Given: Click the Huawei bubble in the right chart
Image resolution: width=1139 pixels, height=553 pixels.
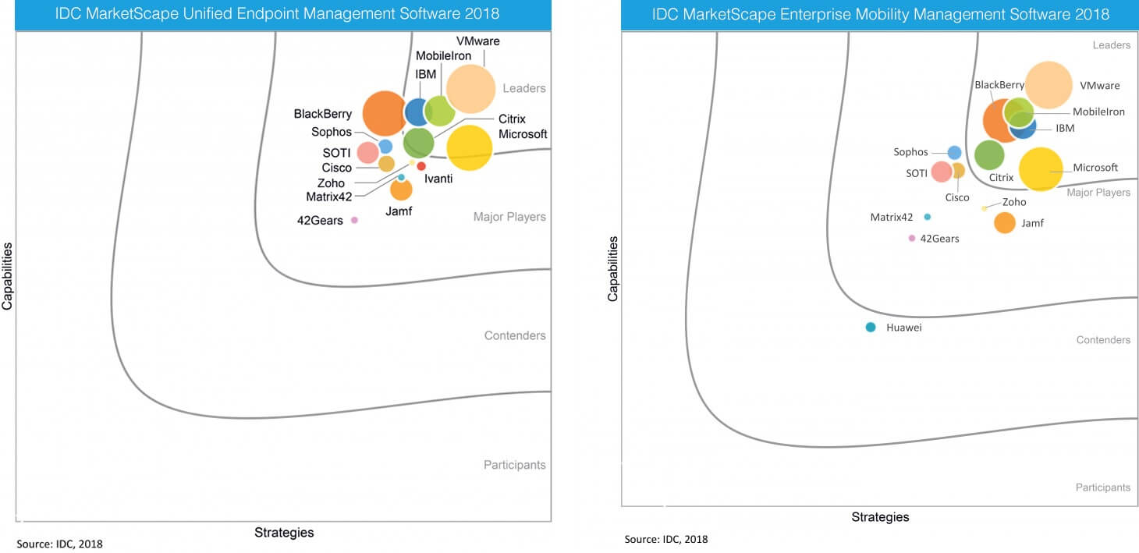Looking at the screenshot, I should coord(871,328).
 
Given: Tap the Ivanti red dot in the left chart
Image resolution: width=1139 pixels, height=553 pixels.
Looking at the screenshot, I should coord(421,166).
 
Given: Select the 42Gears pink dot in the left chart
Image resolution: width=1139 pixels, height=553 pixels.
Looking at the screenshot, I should coord(354,220).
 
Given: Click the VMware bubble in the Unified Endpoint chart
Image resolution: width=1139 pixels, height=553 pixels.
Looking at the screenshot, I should coord(470,89).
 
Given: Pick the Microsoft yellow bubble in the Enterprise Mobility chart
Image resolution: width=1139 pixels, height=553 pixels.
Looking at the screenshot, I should coord(1041,169).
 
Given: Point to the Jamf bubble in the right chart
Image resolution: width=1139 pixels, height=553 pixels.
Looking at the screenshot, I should coord(1005,223).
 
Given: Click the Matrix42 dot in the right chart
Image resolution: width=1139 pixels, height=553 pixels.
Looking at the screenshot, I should coord(927,217).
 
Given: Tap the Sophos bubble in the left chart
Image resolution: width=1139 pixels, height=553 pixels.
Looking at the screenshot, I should coord(385,146).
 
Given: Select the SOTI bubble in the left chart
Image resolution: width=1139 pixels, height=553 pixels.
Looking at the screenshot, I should coord(367,152).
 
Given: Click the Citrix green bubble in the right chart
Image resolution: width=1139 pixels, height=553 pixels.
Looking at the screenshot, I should coord(989,155).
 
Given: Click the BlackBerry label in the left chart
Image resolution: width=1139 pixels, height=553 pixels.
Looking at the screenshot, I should coord(322,115).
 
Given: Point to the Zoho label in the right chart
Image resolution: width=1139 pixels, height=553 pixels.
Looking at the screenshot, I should coord(1014,202).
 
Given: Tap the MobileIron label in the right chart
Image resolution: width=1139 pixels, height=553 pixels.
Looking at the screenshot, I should coord(1098,112).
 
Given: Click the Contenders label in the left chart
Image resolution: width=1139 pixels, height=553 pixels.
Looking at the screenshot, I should coord(514,336).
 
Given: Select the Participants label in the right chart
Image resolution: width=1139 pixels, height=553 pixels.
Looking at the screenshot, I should coord(1102,487).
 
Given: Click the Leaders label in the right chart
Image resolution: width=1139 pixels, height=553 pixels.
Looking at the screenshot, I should coord(1111,45).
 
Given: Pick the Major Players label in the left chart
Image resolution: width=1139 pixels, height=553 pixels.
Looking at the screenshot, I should coord(509,217).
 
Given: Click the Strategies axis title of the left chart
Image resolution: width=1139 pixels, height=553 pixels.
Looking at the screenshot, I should coord(284,533).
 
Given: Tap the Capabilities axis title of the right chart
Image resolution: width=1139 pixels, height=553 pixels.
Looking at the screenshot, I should coord(613,269).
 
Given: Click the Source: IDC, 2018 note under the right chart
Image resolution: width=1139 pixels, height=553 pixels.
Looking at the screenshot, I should coord(665,539).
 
